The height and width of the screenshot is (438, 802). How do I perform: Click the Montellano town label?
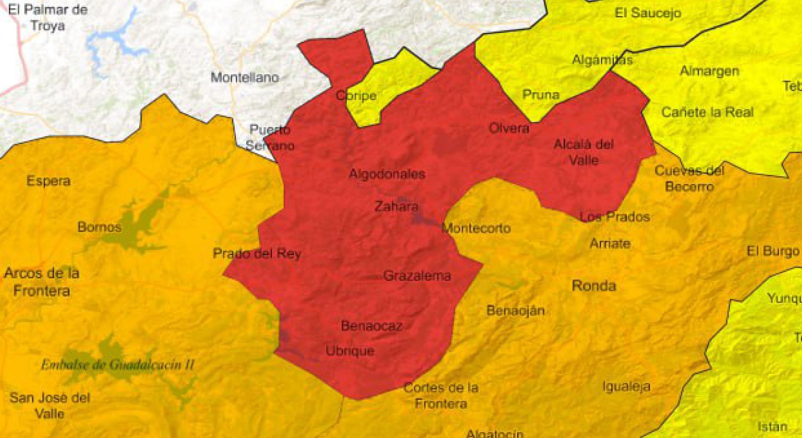coord(245,77)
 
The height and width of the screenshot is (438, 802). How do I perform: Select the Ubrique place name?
coord(350,351)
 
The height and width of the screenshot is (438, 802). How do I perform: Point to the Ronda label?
coord(594,286)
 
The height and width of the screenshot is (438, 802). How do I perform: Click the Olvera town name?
coord(509,128)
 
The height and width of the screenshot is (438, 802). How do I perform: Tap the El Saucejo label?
coord(648,13)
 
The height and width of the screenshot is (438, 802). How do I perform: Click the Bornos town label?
coord(99,227)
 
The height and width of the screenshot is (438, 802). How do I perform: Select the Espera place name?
coord(48,181)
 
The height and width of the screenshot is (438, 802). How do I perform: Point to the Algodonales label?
coord(387,174)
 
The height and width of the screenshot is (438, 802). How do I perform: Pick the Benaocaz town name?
coord(372,326)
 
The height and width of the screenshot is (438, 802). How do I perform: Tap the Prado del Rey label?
coord(257,254)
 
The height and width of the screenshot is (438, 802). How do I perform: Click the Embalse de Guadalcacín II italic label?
coord(118,365)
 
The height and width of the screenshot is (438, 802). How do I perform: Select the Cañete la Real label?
coord(707,112)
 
